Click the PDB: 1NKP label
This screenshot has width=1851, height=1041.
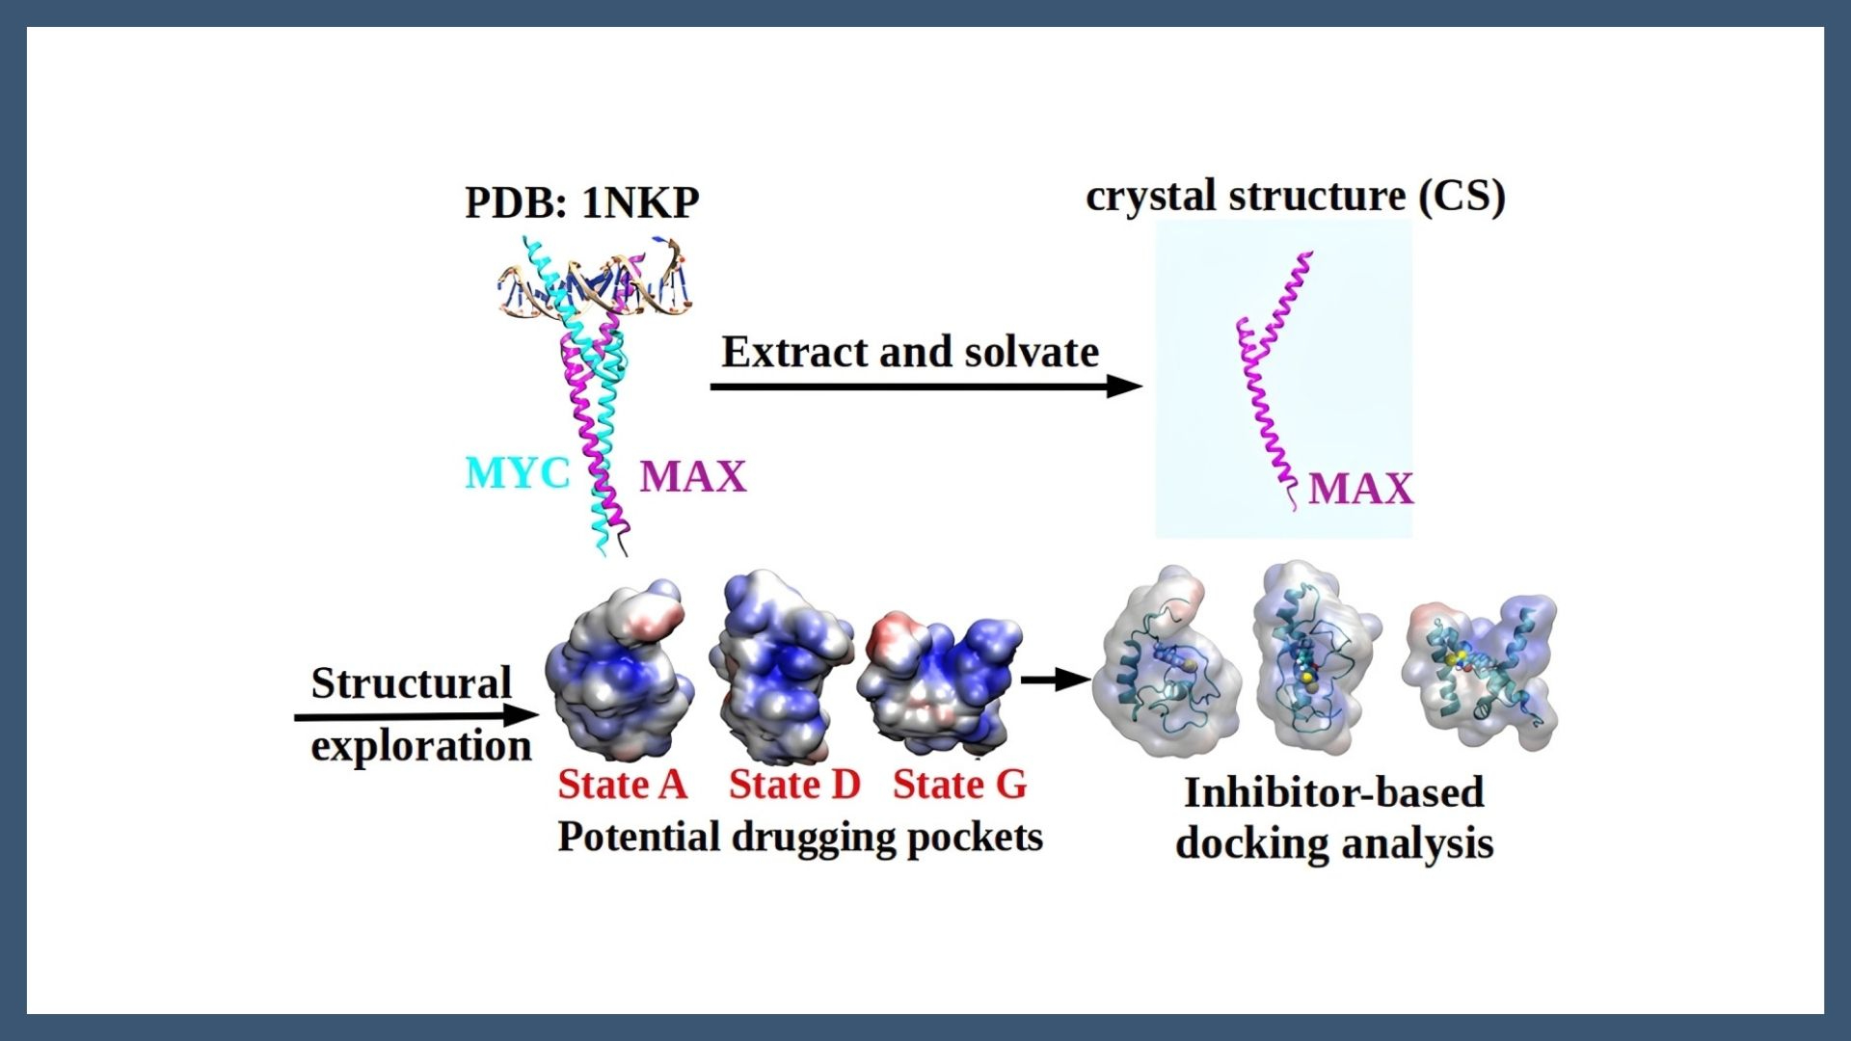581,203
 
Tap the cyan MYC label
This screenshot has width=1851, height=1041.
517,473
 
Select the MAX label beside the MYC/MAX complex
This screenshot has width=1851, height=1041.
692,476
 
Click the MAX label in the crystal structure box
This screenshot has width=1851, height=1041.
1360,489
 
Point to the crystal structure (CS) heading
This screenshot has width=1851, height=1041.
1295,197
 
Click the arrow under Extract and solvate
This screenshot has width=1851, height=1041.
925,387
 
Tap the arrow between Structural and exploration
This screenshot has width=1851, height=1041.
415,716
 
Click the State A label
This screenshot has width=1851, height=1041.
622,785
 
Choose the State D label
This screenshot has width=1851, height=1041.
793,785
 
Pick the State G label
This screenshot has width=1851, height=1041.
959,785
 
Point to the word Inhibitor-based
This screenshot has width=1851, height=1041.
1333,793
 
